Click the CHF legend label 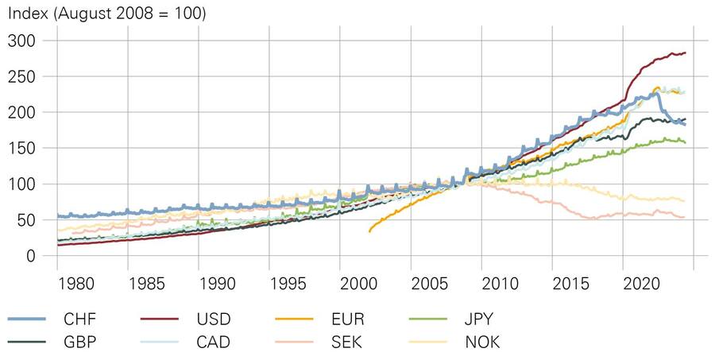(x=80, y=319)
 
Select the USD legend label (x=214, y=319)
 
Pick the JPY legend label (x=477, y=319)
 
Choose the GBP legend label (x=81, y=343)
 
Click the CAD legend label (x=214, y=343)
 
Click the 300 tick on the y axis (x=21, y=41)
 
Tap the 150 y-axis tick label (x=21, y=148)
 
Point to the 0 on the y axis (x=30, y=256)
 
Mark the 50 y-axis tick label (x=25, y=220)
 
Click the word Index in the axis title (x=27, y=14)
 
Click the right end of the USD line (x=686, y=53)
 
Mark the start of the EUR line (x=369, y=230)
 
